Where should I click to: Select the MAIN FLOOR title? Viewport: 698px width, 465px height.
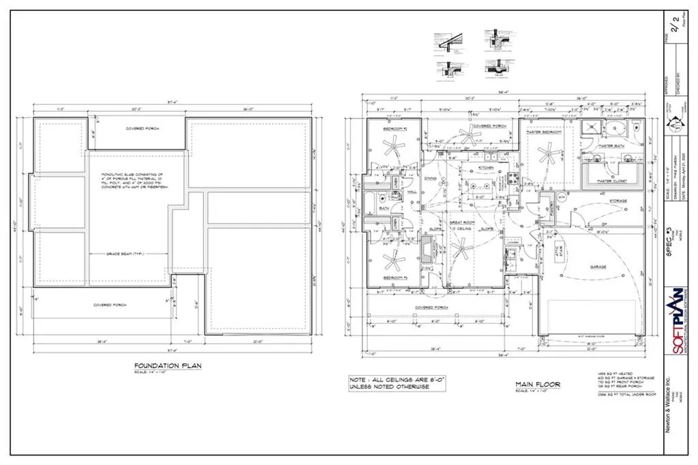pos(538,385)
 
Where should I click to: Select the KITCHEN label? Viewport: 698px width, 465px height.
pos(485,167)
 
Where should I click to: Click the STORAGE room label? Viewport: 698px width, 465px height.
pos(618,201)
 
